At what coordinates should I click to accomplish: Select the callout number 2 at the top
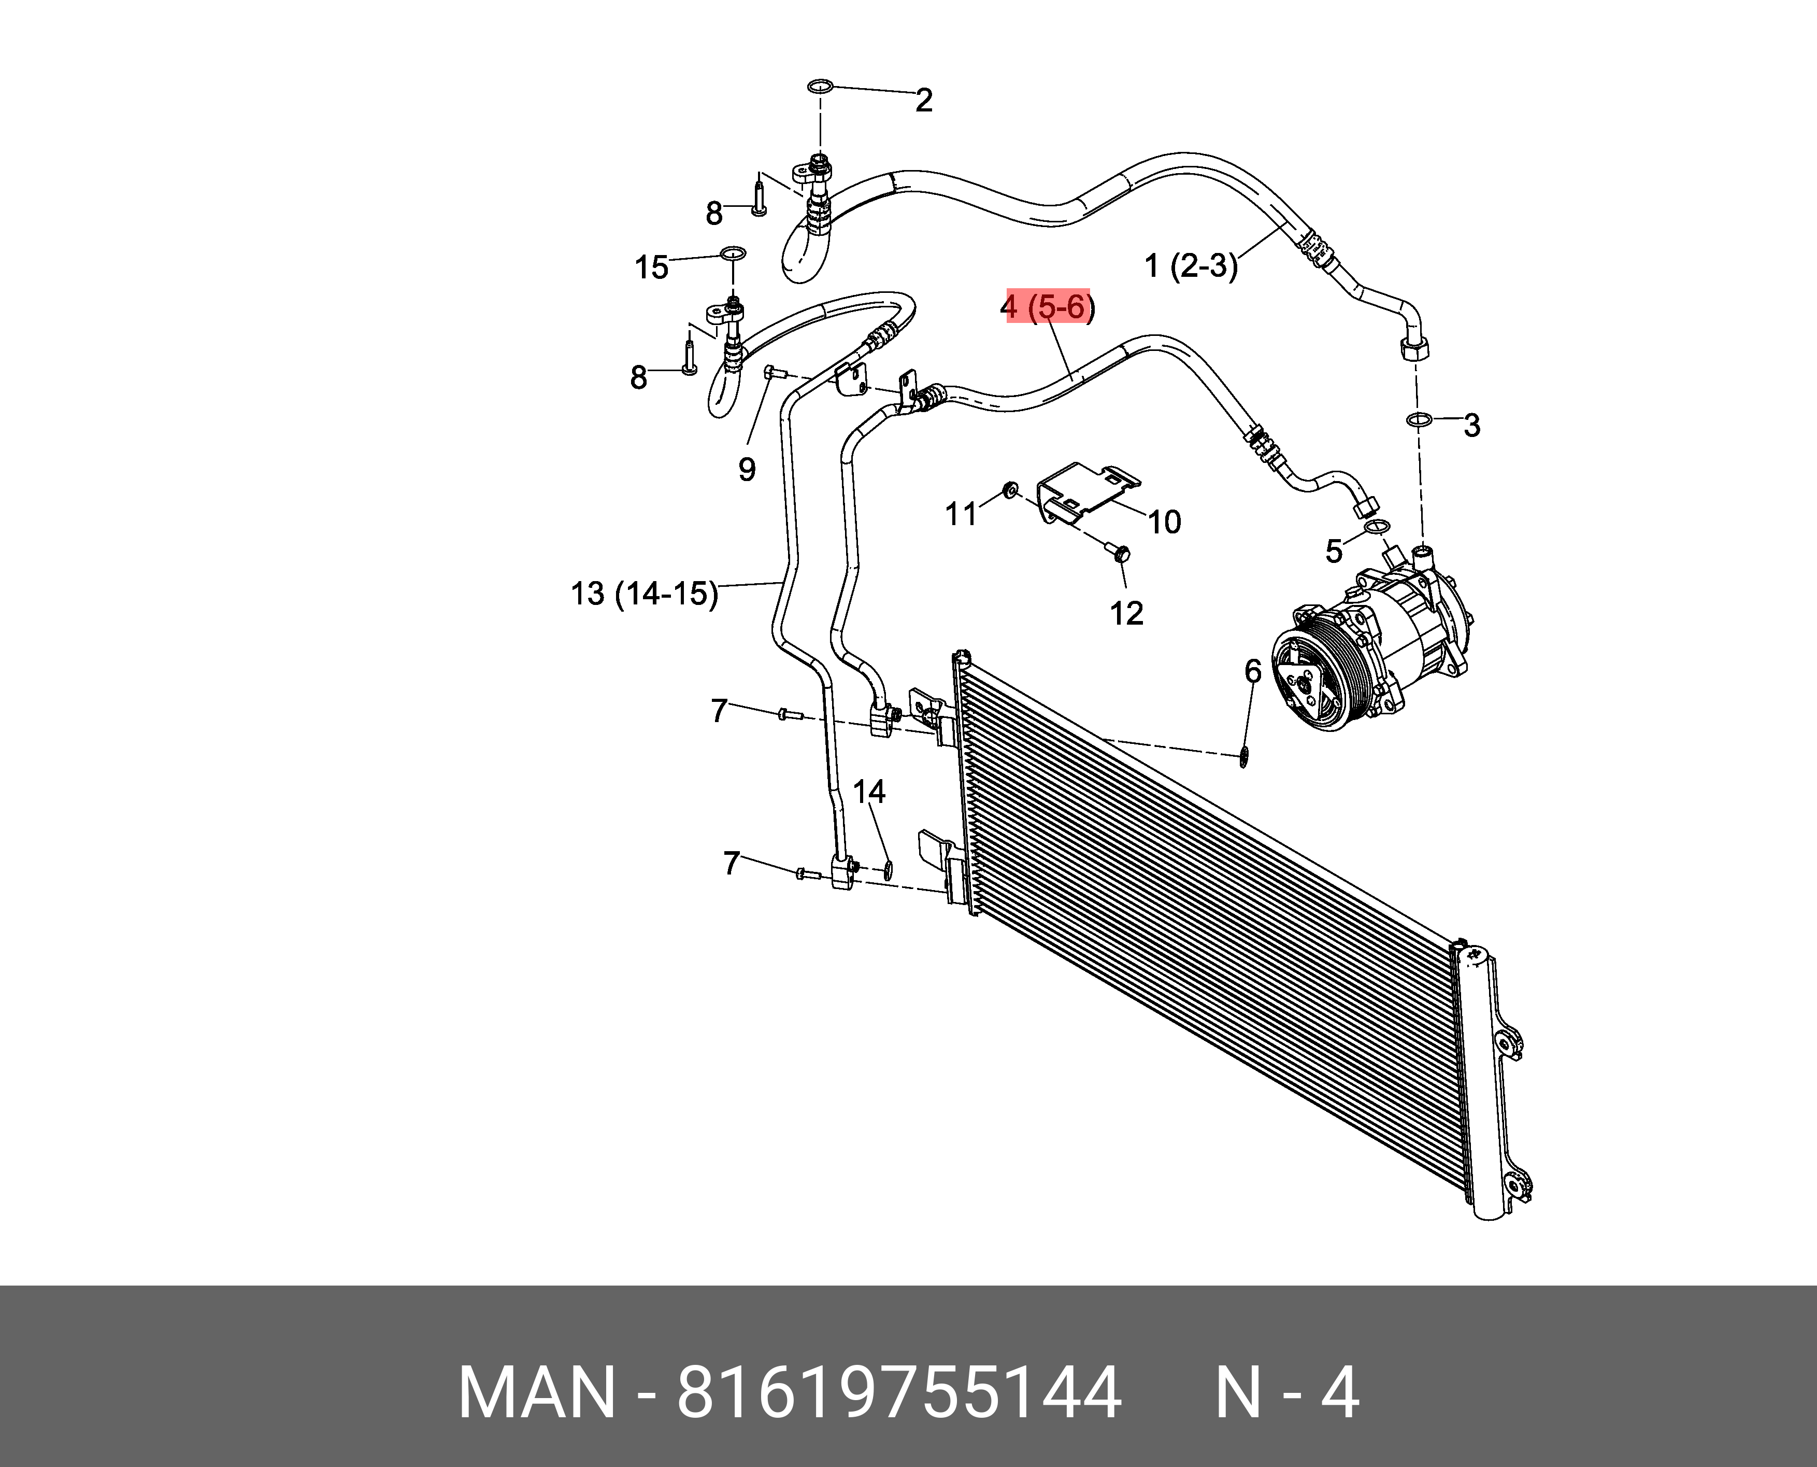click(924, 101)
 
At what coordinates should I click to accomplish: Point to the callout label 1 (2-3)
click(1191, 266)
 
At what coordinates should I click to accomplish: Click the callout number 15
click(651, 268)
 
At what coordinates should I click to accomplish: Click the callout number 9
click(747, 469)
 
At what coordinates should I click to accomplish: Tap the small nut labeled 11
click(1009, 489)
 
